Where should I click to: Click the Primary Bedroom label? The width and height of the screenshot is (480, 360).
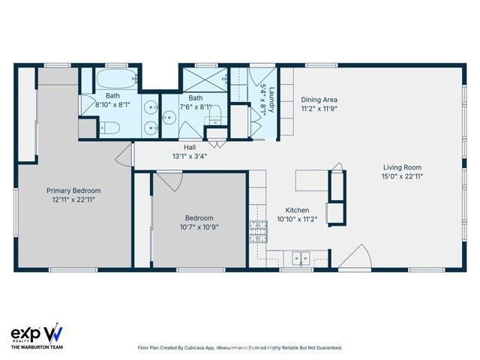pos(73,190)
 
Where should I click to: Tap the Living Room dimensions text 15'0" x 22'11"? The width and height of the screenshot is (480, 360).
pos(402,177)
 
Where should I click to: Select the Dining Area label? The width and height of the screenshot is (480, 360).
pos(319,100)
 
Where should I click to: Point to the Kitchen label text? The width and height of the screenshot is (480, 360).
pos(297,211)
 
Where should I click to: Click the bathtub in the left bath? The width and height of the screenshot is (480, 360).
pos(113,78)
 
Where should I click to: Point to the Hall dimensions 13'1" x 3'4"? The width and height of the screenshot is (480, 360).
pos(190,157)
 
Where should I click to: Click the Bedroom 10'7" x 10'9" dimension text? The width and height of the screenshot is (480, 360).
pos(200,226)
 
